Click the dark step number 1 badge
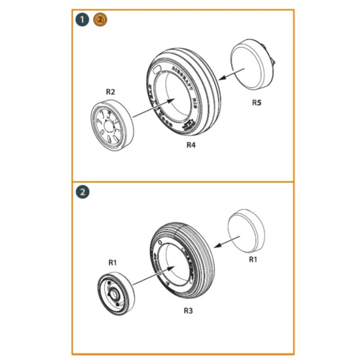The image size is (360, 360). (x=82, y=20)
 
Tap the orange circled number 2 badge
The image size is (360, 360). (x=99, y=20)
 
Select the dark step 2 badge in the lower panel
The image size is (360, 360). (x=82, y=192)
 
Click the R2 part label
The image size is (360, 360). (x=111, y=92)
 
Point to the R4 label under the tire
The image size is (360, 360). (x=190, y=145)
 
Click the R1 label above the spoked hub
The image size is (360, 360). (x=112, y=262)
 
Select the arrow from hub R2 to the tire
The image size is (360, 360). (x=153, y=109)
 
